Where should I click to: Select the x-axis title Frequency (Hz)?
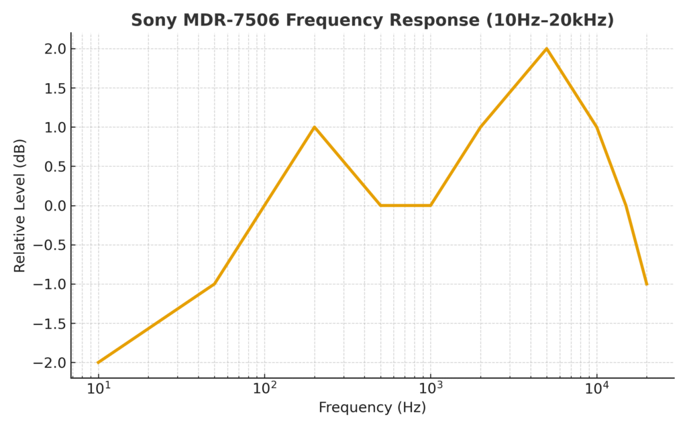[x=372, y=408]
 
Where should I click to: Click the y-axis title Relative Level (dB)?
[x=19, y=205]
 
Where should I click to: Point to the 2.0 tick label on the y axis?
[x=56, y=49]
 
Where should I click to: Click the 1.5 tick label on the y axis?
[x=56, y=88]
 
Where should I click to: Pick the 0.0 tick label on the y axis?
[x=56, y=206]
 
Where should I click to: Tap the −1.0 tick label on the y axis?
[x=52, y=284]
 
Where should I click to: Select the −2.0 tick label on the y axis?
[x=52, y=363]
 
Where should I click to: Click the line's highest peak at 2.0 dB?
[x=547, y=48]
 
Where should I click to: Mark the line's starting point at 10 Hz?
[x=99, y=363]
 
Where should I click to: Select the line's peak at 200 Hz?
[x=314, y=127]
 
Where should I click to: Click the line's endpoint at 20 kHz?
[x=646, y=284]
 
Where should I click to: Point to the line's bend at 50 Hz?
[x=214, y=284]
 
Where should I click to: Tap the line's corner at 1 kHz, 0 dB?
[x=430, y=205]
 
